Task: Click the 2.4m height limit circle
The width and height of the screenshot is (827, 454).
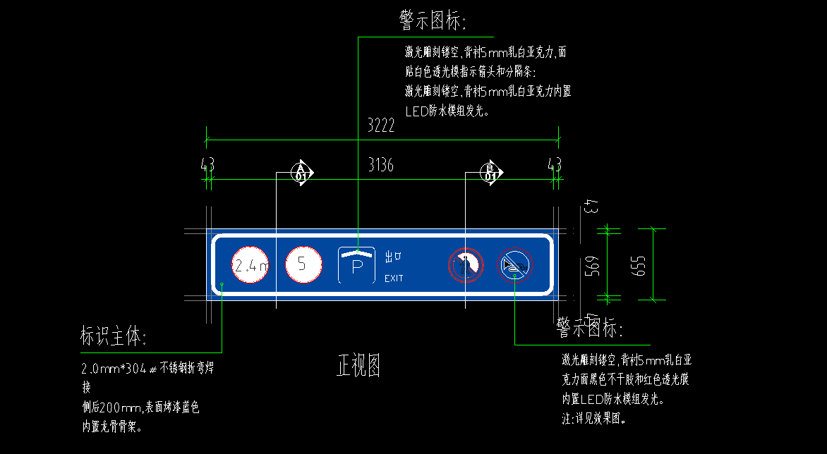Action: (x=250, y=265)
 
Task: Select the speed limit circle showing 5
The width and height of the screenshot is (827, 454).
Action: (x=303, y=264)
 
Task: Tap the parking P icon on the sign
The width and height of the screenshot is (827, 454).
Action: (x=357, y=265)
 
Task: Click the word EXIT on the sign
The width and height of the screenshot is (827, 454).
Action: (x=394, y=278)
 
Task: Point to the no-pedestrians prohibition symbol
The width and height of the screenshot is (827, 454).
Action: (x=466, y=265)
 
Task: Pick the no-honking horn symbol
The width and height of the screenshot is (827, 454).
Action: (x=515, y=265)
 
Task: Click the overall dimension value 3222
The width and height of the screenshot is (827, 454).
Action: (x=381, y=126)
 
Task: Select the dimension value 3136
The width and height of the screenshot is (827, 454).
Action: (x=381, y=166)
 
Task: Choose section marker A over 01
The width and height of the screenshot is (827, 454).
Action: (x=302, y=172)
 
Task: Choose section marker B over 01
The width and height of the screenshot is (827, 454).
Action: (x=491, y=172)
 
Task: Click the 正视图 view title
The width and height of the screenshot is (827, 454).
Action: (x=358, y=366)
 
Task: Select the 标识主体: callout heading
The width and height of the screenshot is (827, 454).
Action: (x=114, y=338)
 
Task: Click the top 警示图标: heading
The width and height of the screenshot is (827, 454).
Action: (x=433, y=21)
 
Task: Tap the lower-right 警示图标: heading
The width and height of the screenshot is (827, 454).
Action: (x=590, y=327)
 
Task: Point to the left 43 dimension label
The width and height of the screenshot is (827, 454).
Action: (x=207, y=165)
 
